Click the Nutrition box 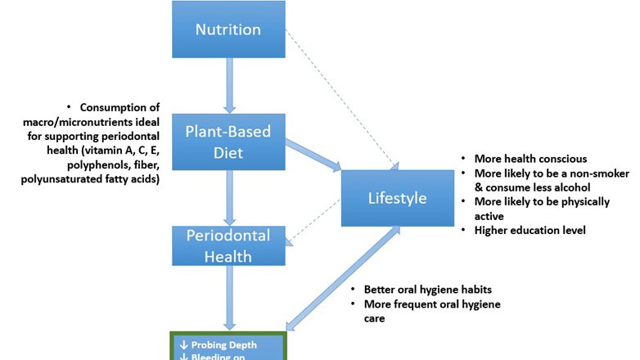228,29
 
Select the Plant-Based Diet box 228,142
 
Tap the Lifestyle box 396,199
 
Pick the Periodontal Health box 228,245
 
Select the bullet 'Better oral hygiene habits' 428,290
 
